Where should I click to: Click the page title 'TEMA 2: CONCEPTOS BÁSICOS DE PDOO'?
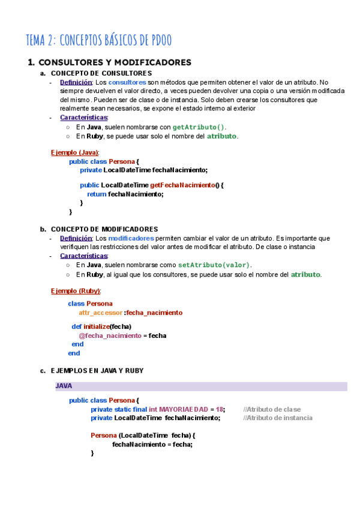click(x=99, y=40)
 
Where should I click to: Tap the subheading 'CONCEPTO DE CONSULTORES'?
click(x=97, y=73)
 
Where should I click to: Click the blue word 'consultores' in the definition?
click(x=127, y=82)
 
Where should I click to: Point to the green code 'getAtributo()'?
click(x=199, y=127)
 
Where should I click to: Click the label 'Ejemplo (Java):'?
click(x=75, y=152)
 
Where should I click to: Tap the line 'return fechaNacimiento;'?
click(x=125, y=194)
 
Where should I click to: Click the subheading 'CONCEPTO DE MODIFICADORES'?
click(x=104, y=229)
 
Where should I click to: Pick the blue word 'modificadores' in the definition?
click(x=131, y=238)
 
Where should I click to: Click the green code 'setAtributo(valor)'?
click(x=214, y=265)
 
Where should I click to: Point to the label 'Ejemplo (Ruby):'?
click(x=76, y=291)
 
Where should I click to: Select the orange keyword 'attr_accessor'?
click(x=100, y=313)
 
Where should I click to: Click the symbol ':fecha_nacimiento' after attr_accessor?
click(x=153, y=313)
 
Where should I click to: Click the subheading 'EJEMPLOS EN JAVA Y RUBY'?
click(x=97, y=371)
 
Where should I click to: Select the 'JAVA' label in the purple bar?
click(x=64, y=386)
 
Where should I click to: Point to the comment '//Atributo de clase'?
click(x=272, y=409)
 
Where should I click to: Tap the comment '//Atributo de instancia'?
click(x=278, y=418)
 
